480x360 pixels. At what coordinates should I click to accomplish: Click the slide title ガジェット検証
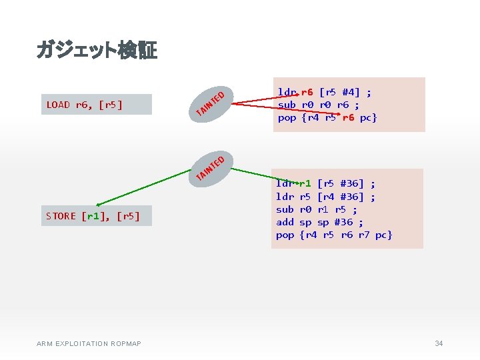click(97, 50)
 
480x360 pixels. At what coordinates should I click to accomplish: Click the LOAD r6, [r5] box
click(97, 105)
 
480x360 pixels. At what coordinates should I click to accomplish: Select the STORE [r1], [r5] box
click(96, 216)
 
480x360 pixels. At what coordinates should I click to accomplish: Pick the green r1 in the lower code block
click(305, 183)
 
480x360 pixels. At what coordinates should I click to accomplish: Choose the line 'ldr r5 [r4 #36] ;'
click(325, 197)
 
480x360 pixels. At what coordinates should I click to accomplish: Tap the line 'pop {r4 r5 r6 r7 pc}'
click(334, 235)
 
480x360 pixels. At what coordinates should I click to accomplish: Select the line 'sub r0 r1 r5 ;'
click(317, 209)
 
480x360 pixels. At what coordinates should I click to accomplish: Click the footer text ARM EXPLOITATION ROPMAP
click(89, 343)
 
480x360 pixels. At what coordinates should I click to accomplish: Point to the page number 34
click(439, 343)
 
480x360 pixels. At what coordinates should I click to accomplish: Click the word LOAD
click(58, 105)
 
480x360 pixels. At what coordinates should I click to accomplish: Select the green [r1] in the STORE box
click(93, 216)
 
